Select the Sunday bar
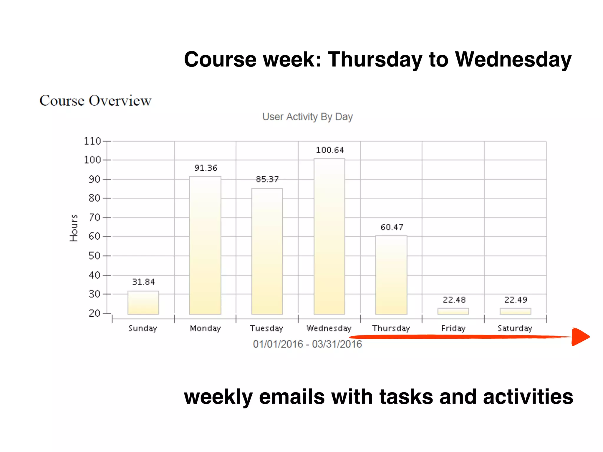[143, 303]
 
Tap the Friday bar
[453, 311]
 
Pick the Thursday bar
[391, 275]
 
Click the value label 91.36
[206, 168]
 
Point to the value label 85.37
[267, 179]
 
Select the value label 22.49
[516, 300]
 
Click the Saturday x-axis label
[515, 328]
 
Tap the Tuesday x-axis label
[266, 328]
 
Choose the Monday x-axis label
[205, 328]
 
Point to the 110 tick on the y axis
[92, 141]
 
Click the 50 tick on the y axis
[95, 256]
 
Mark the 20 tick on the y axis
[95, 313]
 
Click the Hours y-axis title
[74, 228]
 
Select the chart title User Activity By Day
[307, 117]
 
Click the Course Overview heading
[95, 101]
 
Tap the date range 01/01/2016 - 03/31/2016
[307, 344]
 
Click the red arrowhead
[580, 337]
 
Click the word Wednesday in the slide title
[513, 60]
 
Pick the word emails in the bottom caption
[292, 397]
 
